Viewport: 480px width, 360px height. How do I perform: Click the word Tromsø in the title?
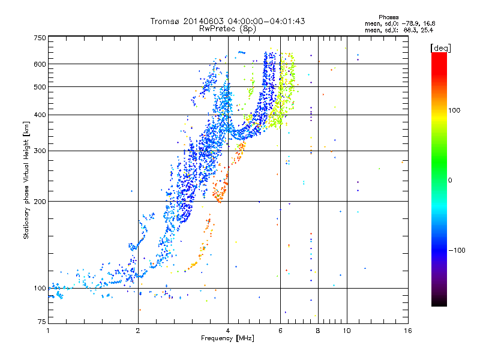pos(166,21)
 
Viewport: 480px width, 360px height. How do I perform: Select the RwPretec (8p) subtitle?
pos(227,29)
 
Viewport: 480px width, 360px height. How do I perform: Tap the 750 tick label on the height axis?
pos(40,38)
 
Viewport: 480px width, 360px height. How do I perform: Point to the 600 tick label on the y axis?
pos(40,64)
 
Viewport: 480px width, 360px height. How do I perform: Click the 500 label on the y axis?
pos(40,87)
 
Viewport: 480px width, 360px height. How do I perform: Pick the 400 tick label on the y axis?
pos(40,115)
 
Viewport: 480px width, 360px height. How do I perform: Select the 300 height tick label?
pos(40,151)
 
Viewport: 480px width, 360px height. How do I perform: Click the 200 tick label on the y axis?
pos(40,202)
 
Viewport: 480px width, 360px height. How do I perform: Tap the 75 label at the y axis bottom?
pos(42,322)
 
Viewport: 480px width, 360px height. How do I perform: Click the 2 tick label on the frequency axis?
pos(138,331)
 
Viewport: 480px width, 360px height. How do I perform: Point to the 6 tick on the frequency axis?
pos(280,331)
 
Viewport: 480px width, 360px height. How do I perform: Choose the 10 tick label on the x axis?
pos(347,331)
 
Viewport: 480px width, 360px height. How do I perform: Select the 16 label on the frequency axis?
pos(408,331)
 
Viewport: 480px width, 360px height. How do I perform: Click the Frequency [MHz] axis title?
pos(228,338)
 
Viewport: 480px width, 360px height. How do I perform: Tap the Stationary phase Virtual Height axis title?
pos(26,181)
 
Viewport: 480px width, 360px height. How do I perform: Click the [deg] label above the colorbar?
pos(440,48)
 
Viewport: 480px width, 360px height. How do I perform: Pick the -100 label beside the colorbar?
pos(457,250)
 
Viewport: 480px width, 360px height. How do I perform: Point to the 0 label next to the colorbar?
pos(450,181)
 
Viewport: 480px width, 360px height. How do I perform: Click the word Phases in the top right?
pos(388,17)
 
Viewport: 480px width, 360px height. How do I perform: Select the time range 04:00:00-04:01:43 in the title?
pos(266,21)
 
